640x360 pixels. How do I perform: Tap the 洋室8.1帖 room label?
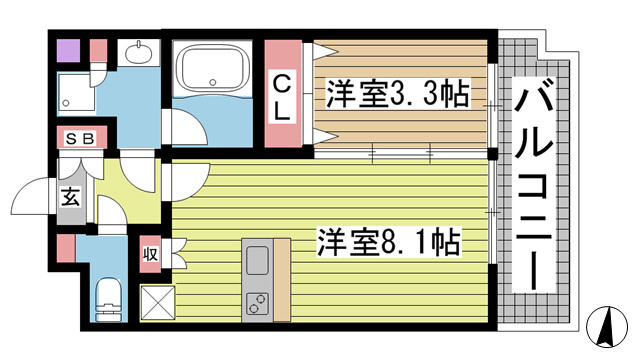389,242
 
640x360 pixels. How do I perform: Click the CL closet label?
283,95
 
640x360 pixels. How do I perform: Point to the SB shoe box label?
79,140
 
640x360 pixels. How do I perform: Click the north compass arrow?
608,326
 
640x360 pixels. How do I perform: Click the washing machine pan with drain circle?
74,87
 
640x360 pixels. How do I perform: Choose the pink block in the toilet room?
65,247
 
